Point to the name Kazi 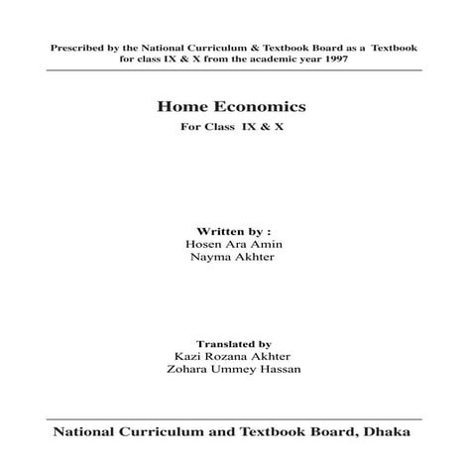tap(186, 353)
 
